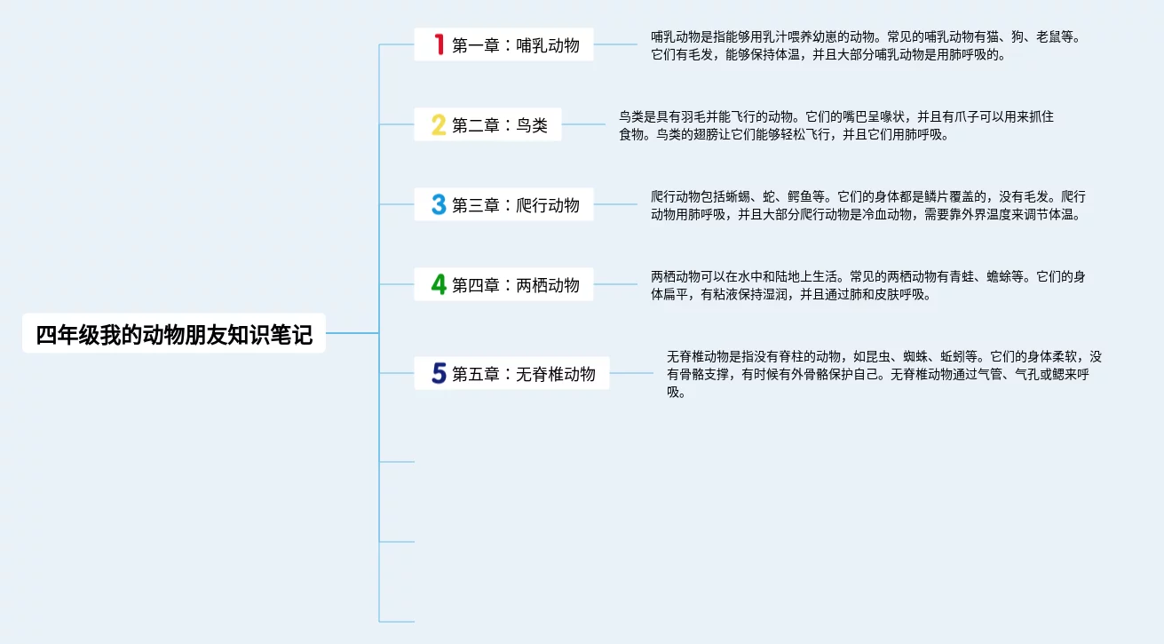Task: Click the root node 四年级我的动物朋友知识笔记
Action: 174,334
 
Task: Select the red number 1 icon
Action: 438,44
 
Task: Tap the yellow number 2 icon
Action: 438,124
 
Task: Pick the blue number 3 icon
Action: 438,204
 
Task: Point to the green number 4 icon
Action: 438,284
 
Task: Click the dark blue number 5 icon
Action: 438,373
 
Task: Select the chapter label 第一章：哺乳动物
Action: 516,45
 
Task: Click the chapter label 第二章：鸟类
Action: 500,125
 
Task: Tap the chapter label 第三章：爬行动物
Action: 516,205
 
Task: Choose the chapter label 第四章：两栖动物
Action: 516,285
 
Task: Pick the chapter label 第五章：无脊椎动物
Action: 524,374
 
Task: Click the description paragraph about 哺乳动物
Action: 866,45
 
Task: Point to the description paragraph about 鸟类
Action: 835,125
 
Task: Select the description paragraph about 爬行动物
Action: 867,205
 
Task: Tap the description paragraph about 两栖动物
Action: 867,285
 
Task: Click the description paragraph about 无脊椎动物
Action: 883,374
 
